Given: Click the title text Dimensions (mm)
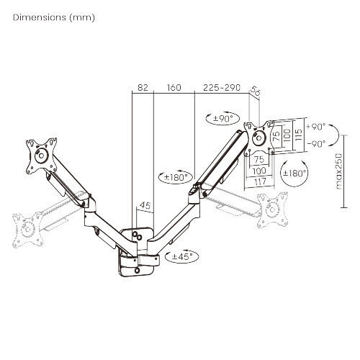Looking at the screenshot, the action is pos(54,17).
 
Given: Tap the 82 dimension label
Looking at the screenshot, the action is pos(143,88).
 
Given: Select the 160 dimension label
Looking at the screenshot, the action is pos(174,88).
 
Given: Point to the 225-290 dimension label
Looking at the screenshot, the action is pos(222,88).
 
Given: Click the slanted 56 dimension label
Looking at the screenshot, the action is pos(255,91).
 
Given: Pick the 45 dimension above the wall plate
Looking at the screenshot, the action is pos(145,205).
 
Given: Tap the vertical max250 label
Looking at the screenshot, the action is pos(338,171).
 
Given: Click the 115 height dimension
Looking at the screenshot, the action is pos(298,135).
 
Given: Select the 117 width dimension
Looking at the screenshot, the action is pos(260,181).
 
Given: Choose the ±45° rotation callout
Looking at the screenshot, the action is pos(182,256).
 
